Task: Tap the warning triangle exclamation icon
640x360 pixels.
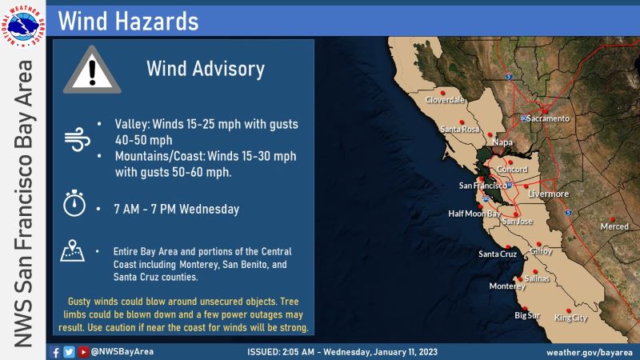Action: pos(92,70)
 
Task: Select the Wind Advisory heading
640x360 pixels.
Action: pos(206,69)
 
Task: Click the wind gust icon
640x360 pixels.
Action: pos(77,139)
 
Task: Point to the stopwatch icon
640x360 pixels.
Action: pos(74,203)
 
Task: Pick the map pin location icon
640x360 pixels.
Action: pos(72,250)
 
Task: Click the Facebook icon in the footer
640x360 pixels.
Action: pos(54,352)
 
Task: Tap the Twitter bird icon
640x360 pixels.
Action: pos(69,352)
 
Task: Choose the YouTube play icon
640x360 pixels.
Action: pos(83,352)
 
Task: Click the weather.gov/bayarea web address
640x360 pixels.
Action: pos(590,352)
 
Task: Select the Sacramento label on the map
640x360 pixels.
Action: pos(548,118)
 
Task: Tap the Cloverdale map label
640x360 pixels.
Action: pos(445,99)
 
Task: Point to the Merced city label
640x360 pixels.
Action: pos(614,226)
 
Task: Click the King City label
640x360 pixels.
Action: pos(570,318)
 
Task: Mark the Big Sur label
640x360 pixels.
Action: pos(527,315)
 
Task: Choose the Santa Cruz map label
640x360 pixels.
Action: pos(498,254)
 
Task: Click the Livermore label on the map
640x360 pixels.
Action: pos(548,194)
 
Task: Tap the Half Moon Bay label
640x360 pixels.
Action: pos(474,214)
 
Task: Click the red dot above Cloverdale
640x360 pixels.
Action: pos(442,93)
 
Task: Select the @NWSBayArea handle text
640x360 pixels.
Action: pos(122,352)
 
